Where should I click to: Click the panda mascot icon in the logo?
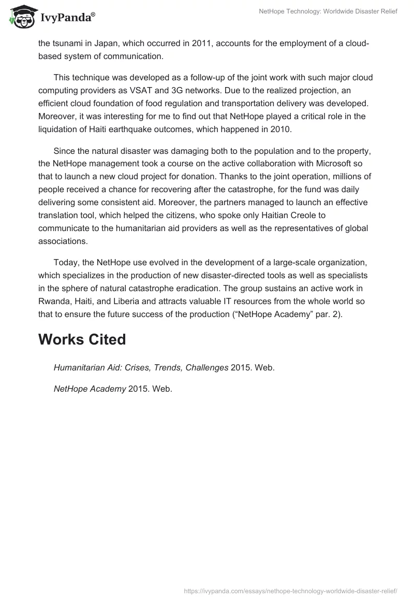(x=21, y=18)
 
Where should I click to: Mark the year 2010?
(x=281, y=130)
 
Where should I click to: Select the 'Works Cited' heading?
(x=82, y=339)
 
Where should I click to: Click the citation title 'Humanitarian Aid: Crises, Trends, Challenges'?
(x=141, y=368)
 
